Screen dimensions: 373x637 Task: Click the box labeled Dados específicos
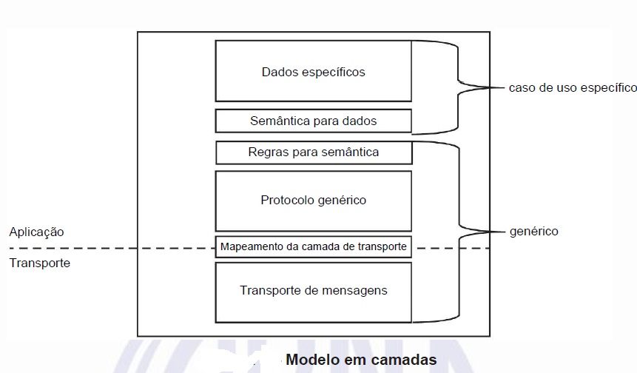coord(313,71)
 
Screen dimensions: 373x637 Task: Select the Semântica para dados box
coord(313,121)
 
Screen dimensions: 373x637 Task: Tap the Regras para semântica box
coord(313,152)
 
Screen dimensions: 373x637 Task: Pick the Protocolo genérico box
coord(313,201)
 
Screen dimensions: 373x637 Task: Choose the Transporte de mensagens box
coord(313,291)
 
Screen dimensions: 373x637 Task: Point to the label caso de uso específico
coord(572,87)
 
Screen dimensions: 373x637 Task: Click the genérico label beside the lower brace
coord(533,232)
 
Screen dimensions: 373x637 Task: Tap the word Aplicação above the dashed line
coord(36,232)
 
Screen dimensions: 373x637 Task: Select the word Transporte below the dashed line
coord(39,263)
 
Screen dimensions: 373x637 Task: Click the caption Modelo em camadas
coord(361,360)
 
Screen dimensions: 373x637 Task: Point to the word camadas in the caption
coord(406,360)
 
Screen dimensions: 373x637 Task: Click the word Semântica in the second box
coord(277,121)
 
